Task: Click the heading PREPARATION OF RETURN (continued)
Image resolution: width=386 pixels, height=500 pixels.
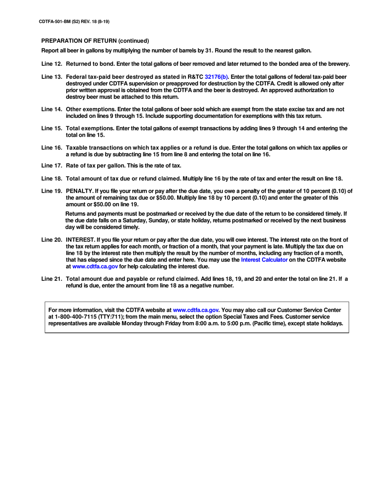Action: pos(95,41)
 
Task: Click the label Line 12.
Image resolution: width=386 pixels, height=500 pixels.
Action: pos(52,64)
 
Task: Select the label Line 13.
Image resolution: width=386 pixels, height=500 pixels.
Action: pos(52,77)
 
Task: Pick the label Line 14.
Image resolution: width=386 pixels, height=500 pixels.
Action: pos(52,109)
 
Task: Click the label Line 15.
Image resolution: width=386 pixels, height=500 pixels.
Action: pos(52,128)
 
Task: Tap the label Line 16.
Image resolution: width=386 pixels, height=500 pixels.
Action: pos(52,148)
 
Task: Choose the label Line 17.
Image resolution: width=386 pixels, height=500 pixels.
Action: pos(52,165)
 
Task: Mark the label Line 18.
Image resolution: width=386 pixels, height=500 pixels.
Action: pos(52,178)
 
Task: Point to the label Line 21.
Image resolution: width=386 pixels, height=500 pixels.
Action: pos(52,278)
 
